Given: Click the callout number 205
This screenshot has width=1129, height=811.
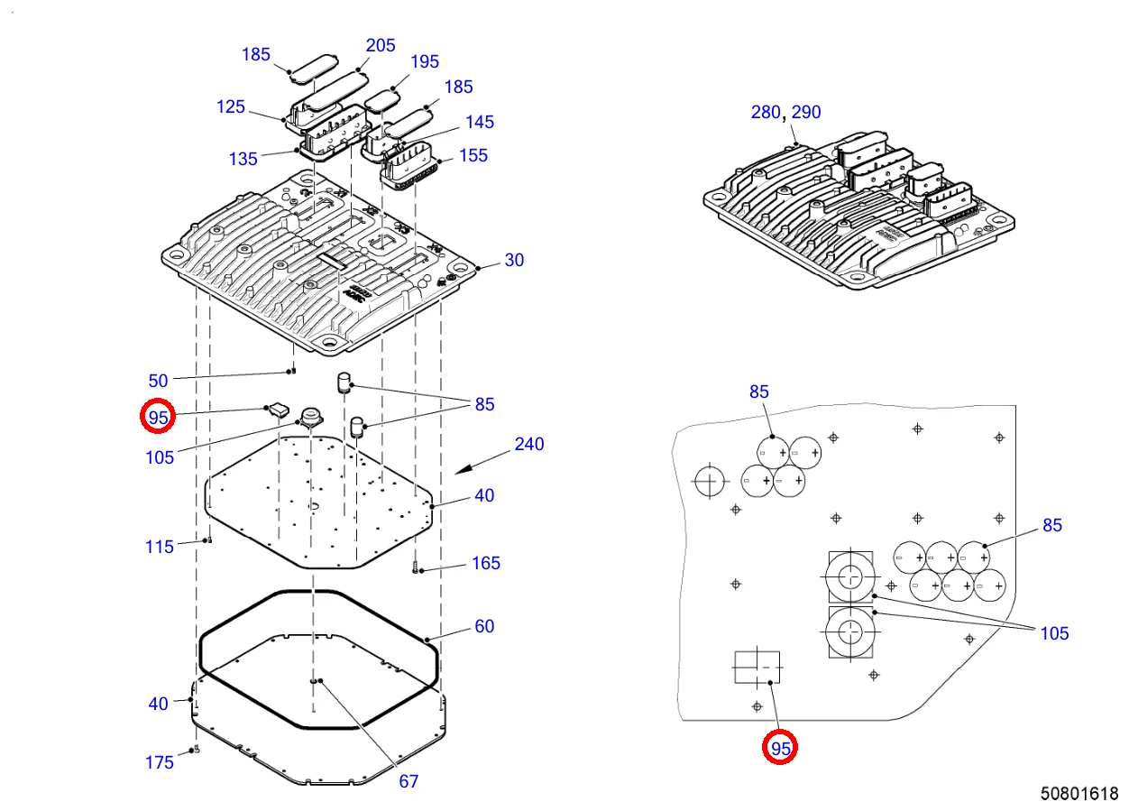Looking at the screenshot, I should click(380, 45).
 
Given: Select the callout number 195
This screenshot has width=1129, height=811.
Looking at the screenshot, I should click(425, 61).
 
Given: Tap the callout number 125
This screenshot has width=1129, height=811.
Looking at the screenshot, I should click(231, 106).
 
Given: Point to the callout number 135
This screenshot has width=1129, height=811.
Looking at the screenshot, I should click(243, 159).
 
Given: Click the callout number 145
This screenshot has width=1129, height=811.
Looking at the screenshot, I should click(480, 122).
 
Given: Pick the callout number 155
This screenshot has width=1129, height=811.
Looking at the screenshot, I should click(473, 155).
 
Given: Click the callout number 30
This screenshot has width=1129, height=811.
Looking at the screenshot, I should click(514, 260).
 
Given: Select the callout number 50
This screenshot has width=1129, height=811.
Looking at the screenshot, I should click(159, 380).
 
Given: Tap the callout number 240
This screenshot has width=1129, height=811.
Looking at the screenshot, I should click(529, 444).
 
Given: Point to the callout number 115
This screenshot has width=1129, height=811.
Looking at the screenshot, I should click(160, 546).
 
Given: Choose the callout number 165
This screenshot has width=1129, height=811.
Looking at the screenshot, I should click(486, 563).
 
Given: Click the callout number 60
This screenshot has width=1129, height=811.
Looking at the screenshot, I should click(484, 626).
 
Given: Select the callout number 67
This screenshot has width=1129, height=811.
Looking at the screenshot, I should click(408, 781).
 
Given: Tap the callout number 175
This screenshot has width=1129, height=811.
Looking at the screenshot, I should click(160, 762).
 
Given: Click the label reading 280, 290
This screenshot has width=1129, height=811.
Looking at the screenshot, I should click(785, 113).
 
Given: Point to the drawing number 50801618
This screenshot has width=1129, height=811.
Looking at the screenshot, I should click(1079, 794).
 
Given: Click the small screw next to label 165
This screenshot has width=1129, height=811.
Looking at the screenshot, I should click(416, 568).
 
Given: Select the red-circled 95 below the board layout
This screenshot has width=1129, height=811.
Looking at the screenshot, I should click(780, 748).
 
